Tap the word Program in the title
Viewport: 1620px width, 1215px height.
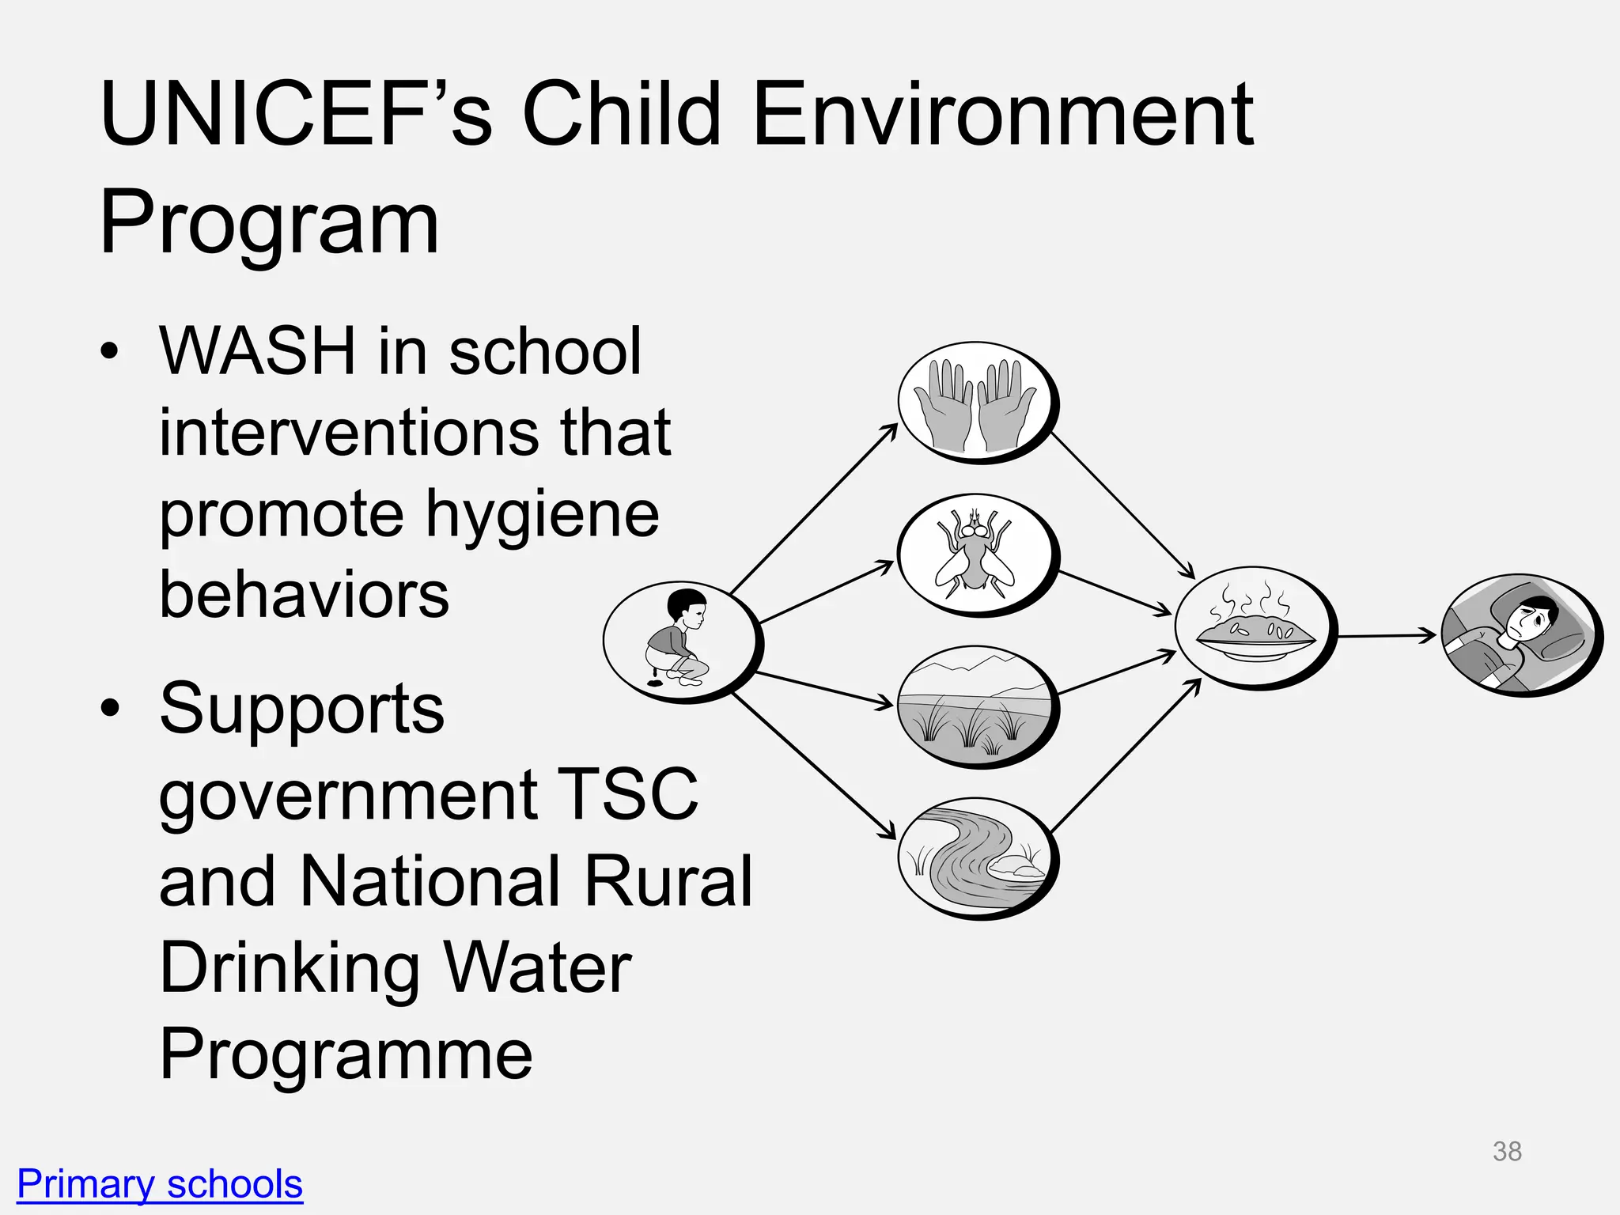pos(269,223)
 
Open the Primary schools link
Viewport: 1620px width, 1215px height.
pos(160,1184)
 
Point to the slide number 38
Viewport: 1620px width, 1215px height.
pos(1507,1151)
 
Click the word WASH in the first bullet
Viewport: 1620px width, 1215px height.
pos(258,351)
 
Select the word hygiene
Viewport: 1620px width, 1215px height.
pos(543,513)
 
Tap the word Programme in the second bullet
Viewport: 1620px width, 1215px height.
pos(346,1054)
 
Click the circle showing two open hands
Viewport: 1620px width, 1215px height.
pos(976,401)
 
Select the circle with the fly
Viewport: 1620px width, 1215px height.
pos(976,554)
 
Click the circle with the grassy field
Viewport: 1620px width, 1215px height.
pos(976,706)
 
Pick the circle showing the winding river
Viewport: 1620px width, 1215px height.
pos(976,857)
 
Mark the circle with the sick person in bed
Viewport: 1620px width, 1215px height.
pos(1520,634)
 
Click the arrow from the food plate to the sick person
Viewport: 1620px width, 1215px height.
pos(1386,635)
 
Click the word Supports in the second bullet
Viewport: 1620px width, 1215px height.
pos(302,709)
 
